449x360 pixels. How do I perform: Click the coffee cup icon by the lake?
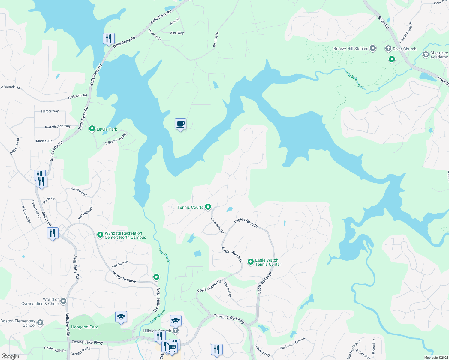[180, 124]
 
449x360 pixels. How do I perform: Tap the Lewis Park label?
[107, 129]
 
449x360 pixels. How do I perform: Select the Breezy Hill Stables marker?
[373, 48]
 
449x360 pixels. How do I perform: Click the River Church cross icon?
[388, 49]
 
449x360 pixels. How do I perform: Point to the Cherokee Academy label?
[439, 55]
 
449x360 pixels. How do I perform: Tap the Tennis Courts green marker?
[208, 207]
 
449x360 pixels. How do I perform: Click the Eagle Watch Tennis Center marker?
[250, 262]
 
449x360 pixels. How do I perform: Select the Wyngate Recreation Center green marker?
[100, 235]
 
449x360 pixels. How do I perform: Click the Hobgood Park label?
[84, 327]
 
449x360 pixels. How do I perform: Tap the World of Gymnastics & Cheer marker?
[63, 301]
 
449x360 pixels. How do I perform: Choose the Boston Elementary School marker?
[40, 323]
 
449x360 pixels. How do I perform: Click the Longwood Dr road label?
[218, 226]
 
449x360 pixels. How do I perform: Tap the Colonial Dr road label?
[228, 290]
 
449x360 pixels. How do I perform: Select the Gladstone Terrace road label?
[292, 343]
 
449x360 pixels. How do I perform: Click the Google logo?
[10, 356]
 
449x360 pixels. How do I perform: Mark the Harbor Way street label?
[50, 111]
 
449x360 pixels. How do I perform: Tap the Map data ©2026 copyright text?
[436, 358]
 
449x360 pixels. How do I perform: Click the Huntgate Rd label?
[78, 192]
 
